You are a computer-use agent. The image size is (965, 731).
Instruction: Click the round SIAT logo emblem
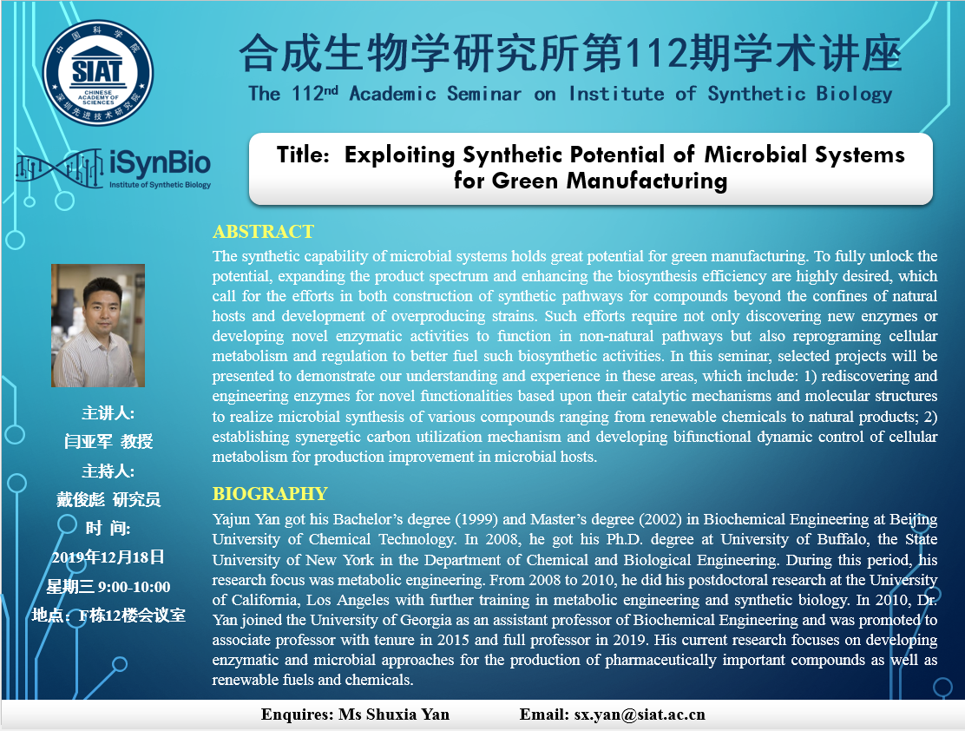[x=98, y=73]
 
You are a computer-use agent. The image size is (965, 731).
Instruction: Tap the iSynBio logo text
[x=160, y=163]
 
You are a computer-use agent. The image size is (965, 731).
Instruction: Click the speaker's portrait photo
[x=98, y=326]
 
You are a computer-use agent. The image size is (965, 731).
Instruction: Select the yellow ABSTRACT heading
[x=264, y=232]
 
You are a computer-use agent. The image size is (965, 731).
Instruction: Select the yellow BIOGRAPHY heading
[x=270, y=494]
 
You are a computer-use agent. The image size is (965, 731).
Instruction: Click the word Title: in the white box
[x=304, y=155]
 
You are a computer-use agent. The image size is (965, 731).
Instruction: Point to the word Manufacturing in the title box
[x=647, y=181]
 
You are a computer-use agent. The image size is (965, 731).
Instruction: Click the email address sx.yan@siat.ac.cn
[x=640, y=715]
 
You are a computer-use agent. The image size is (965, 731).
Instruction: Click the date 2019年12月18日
[x=108, y=557]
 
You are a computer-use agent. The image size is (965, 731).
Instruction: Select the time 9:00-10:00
[x=135, y=587]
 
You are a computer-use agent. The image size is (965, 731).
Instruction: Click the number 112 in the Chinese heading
[x=655, y=54]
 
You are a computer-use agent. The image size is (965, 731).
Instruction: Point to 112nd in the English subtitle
[x=314, y=94]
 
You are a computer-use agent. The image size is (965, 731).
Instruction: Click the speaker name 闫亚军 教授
[x=108, y=442]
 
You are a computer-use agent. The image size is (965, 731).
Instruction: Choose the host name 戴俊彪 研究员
[x=108, y=499]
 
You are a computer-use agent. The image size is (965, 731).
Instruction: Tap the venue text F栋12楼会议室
[x=132, y=616]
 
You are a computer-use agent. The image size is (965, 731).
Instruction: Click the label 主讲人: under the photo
[x=108, y=412]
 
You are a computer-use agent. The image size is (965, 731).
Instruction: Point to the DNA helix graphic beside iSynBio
[x=60, y=168]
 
